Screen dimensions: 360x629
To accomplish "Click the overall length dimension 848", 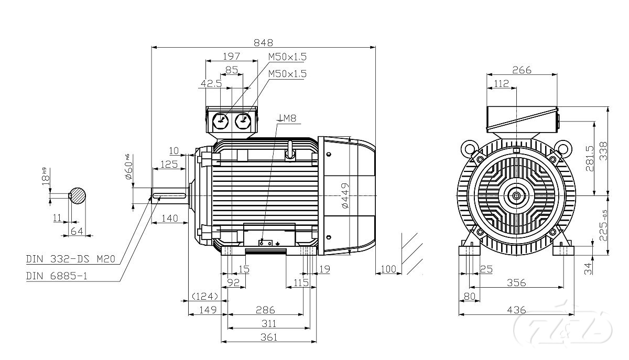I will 264,42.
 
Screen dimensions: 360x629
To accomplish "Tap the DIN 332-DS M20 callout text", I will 70,259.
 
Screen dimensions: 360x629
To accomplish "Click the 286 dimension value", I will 265,310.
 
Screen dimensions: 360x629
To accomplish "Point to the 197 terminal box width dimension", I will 231,56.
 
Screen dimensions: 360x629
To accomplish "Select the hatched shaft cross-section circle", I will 77,195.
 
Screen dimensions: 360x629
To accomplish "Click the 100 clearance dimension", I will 388,269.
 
